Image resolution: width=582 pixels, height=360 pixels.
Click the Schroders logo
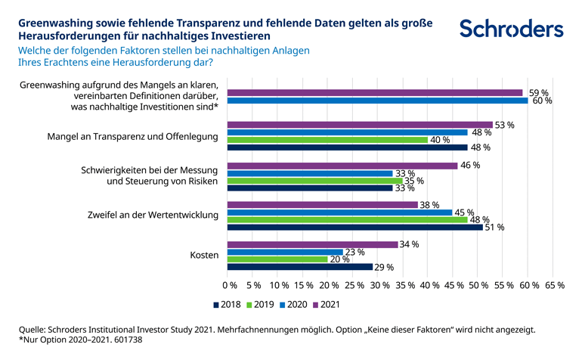512,29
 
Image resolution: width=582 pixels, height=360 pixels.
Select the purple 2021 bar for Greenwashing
375,93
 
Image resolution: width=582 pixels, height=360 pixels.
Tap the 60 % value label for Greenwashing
543,101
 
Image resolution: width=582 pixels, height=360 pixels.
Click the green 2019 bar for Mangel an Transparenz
327,140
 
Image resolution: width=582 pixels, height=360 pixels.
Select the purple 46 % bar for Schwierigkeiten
342,165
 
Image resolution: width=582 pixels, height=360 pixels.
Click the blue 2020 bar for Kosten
285,252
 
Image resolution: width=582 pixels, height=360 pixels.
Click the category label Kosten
203,256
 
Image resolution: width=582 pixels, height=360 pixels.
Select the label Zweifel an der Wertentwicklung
154,214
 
